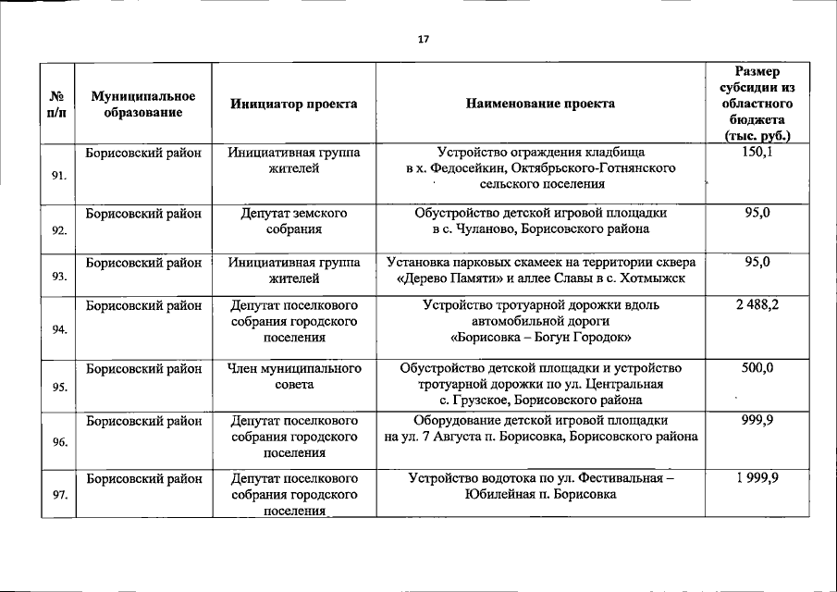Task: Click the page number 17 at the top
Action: pyautogui.click(x=423, y=39)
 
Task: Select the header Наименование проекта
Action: pyautogui.click(x=540, y=105)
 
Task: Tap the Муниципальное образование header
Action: pyautogui.click(x=143, y=105)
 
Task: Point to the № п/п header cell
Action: pyautogui.click(x=58, y=105)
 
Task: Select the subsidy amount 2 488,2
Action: pyautogui.click(x=757, y=305)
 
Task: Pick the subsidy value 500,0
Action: pyautogui.click(x=757, y=369)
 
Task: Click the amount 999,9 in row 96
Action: pyautogui.click(x=757, y=420)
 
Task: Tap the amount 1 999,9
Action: pyautogui.click(x=757, y=479)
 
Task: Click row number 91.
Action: pyautogui.click(x=58, y=174)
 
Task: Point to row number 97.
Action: pyautogui.click(x=58, y=495)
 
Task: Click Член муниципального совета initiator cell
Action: pyautogui.click(x=294, y=376)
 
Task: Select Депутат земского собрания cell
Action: pyautogui.click(x=294, y=221)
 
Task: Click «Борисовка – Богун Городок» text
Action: pyautogui.click(x=540, y=338)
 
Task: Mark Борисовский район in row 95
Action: pyautogui.click(x=143, y=369)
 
